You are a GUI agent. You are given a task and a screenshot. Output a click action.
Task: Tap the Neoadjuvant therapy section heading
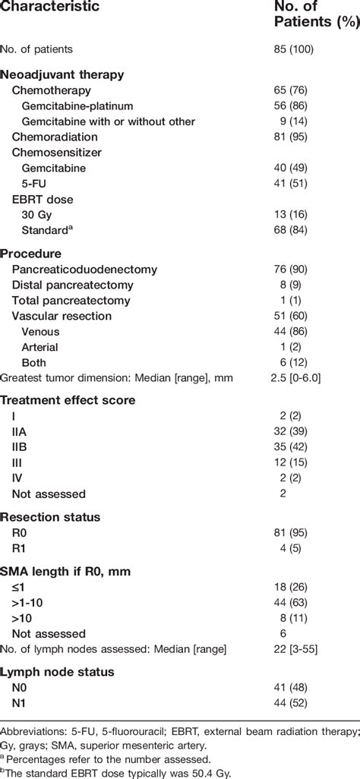[x=62, y=74]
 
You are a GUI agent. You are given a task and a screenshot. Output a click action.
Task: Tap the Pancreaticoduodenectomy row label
[x=84, y=270]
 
